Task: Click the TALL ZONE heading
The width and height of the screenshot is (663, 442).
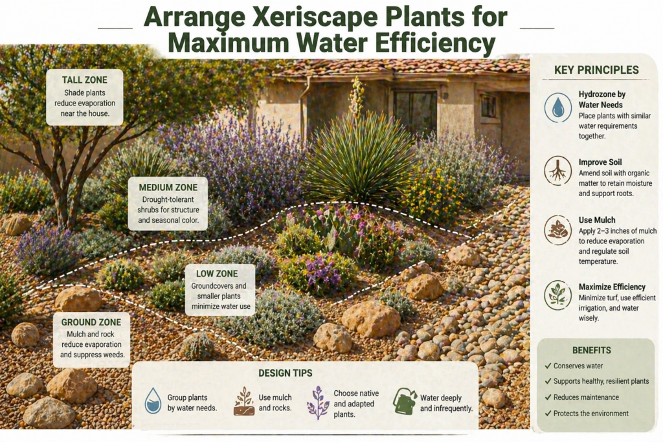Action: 85,80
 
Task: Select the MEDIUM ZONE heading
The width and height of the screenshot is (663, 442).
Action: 168,188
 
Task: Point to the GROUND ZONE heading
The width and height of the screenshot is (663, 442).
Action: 91,322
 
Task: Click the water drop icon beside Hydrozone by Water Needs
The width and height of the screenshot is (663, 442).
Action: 558,107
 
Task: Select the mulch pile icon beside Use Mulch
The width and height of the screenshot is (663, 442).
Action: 558,230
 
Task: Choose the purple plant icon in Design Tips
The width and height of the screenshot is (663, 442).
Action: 318,403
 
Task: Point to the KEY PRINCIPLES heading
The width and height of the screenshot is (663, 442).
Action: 596,70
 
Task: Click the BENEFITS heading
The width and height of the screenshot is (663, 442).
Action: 591,350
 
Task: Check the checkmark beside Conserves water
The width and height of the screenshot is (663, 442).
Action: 547,366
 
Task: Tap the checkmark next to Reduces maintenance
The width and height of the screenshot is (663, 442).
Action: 547,397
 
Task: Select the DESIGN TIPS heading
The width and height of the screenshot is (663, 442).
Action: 285,373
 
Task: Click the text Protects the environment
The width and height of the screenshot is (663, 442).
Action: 590,414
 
